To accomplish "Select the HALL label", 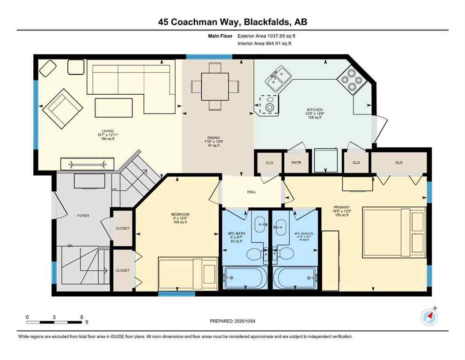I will (x=252, y=191).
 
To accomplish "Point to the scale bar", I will (x=54, y=322).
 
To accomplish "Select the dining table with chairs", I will (x=215, y=86).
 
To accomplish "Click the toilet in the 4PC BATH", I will (x=256, y=254).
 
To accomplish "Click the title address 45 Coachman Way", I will (x=232, y=22).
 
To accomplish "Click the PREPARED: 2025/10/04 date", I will (x=232, y=321).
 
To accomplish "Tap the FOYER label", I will (x=83, y=216).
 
